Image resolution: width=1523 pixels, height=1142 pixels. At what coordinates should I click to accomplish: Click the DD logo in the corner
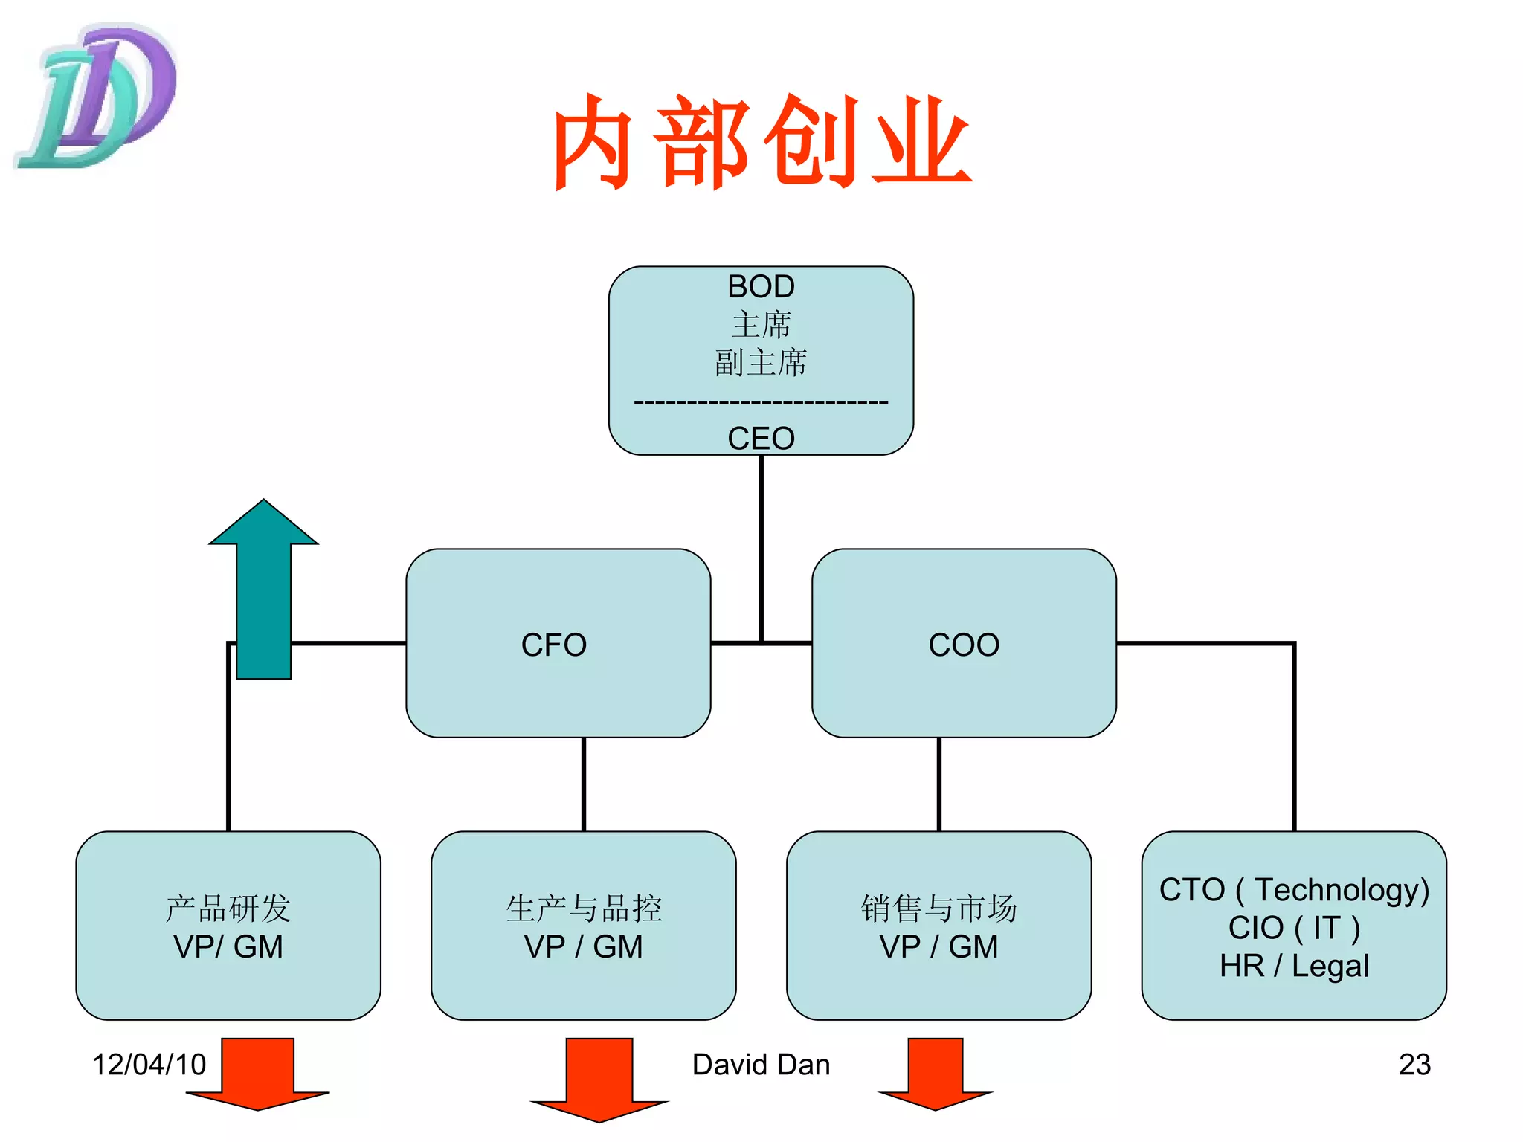(97, 97)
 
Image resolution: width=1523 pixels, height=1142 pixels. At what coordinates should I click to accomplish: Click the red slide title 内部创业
(761, 141)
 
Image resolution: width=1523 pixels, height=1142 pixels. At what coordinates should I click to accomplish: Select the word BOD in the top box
(761, 286)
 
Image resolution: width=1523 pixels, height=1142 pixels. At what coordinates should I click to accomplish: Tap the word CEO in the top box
(761, 438)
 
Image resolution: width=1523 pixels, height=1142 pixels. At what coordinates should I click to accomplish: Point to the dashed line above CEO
(761, 403)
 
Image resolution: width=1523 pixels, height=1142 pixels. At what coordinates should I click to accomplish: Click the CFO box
(558, 644)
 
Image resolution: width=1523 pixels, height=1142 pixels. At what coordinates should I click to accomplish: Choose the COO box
(964, 644)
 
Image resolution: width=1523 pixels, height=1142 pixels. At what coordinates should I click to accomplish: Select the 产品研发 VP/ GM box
(228, 926)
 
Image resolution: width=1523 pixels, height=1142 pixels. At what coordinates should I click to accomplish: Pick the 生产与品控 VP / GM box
(584, 926)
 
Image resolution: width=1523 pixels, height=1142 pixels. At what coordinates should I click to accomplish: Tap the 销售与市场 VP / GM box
(938, 926)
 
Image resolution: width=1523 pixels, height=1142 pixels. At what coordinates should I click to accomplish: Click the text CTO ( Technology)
(1294, 889)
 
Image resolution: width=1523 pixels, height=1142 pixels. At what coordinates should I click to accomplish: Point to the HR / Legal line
(1294, 966)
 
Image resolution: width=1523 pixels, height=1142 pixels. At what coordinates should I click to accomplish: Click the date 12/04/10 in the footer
(149, 1064)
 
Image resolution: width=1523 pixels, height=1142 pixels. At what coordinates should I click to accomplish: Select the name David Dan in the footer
(761, 1064)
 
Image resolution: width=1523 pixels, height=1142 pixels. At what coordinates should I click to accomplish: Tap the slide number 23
(1414, 1064)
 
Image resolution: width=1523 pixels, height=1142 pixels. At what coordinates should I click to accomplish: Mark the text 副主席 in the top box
(761, 363)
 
